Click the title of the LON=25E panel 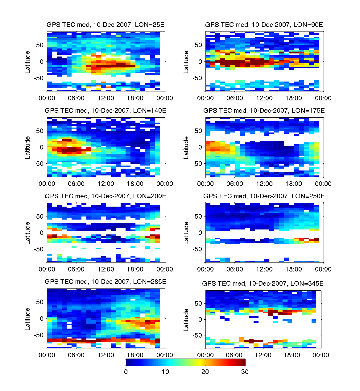[x=106, y=25]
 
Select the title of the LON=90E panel [x=264, y=25]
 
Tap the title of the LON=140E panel [x=106, y=110]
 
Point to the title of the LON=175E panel [x=264, y=110]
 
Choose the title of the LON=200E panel [x=106, y=196]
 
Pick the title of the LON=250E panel [x=264, y=196]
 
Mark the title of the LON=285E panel [x=106, y=281]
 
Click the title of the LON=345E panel [x=263, y=283]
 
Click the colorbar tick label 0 [x=126, y=372]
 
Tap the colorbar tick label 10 [x=165, y=372]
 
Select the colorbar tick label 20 [x=205, y=372]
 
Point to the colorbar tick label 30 [x=245, y=372]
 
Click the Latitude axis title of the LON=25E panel [x=28, y=62]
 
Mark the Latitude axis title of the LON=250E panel [x=186, y=233]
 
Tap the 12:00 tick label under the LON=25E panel [x=106, y=98]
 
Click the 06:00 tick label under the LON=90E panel [x=235, y=98]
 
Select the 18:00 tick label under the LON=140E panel [x=135, y=184]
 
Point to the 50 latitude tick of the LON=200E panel [x=40, y=217]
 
